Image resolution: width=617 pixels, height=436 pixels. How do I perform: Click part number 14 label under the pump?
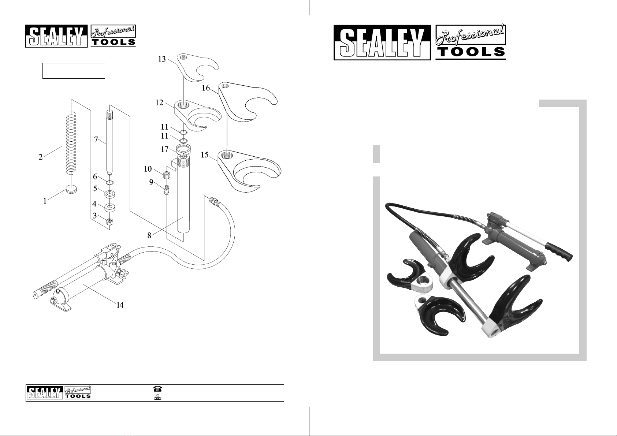120,306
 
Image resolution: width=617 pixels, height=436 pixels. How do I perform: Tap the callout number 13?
162,59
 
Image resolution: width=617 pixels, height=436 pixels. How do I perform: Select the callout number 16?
206,88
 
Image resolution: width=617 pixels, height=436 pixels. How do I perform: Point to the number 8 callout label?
149,236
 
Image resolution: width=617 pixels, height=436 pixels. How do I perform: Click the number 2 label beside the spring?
41,157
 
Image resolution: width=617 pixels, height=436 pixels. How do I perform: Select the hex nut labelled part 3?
109,221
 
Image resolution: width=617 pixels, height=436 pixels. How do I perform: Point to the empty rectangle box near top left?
74,71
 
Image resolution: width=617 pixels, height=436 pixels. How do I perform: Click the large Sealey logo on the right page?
382,42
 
